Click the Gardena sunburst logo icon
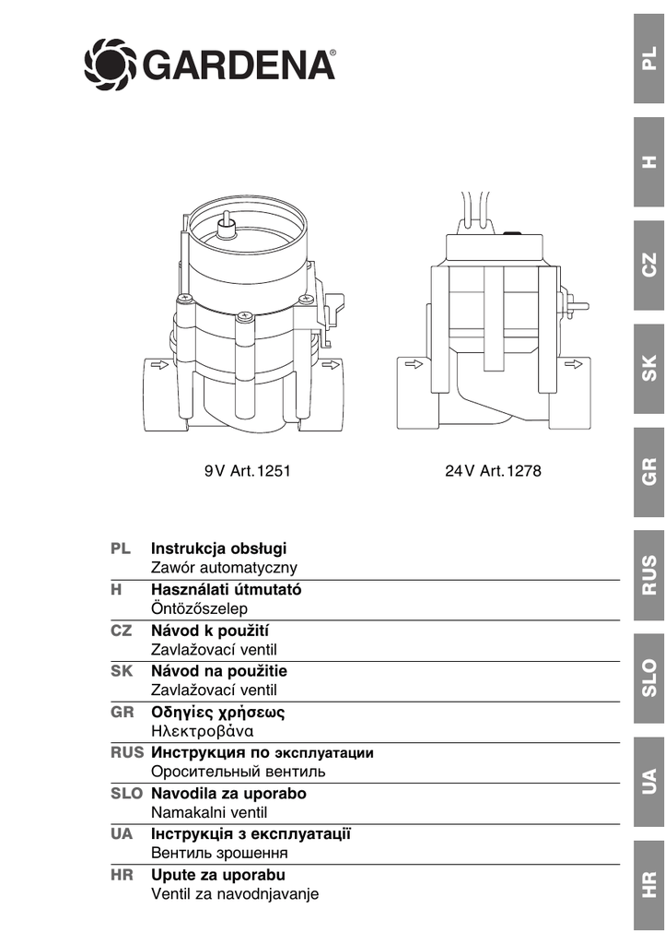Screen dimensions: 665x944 coord(111,65)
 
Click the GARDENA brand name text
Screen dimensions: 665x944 coord(239,65)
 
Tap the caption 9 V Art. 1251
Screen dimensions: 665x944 coord(247,471)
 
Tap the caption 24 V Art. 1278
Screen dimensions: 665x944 coord(493,471)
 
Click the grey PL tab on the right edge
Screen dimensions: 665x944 coord(648,58)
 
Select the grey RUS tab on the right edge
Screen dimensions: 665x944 coord(648,575)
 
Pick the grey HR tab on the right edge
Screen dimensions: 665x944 coord(648,885)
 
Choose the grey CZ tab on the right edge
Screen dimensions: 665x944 coord(648,265)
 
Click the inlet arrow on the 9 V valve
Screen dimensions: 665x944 coord(159,364)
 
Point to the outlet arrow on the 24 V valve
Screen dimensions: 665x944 coord(573,364)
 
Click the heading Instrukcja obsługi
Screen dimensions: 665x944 coord(219,549)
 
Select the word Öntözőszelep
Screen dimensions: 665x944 coord(199,608)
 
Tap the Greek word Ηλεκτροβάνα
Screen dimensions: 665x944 coord(202,731)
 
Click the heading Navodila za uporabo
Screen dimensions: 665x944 coord(228,794)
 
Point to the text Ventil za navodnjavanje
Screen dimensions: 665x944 coord(235,894)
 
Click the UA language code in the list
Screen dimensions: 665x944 coord(122,833)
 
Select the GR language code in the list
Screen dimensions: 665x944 coord(122,713)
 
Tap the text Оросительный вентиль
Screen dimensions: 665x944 coord(239,772)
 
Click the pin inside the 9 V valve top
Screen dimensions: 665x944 coord(227,227)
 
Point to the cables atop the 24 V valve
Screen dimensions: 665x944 coord(475,207)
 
